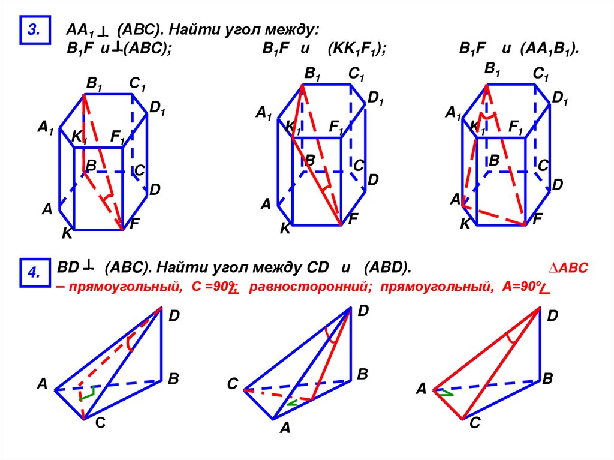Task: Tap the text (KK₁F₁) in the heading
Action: click(x=356, y=50)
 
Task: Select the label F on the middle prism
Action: click(x=353, y=220)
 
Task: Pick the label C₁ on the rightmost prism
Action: click(x=541, y=74)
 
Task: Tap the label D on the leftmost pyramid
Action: click(x=174, y=315)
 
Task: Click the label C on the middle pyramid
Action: click(x=233, y=384)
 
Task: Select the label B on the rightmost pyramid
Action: click(x=547, y=379)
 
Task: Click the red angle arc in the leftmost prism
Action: click(x=107, y=198)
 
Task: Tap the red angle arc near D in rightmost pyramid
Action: click(x=511, y=338)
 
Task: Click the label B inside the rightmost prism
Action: click(x=494, y=160)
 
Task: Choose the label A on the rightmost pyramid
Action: click(x=421, y=390)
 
